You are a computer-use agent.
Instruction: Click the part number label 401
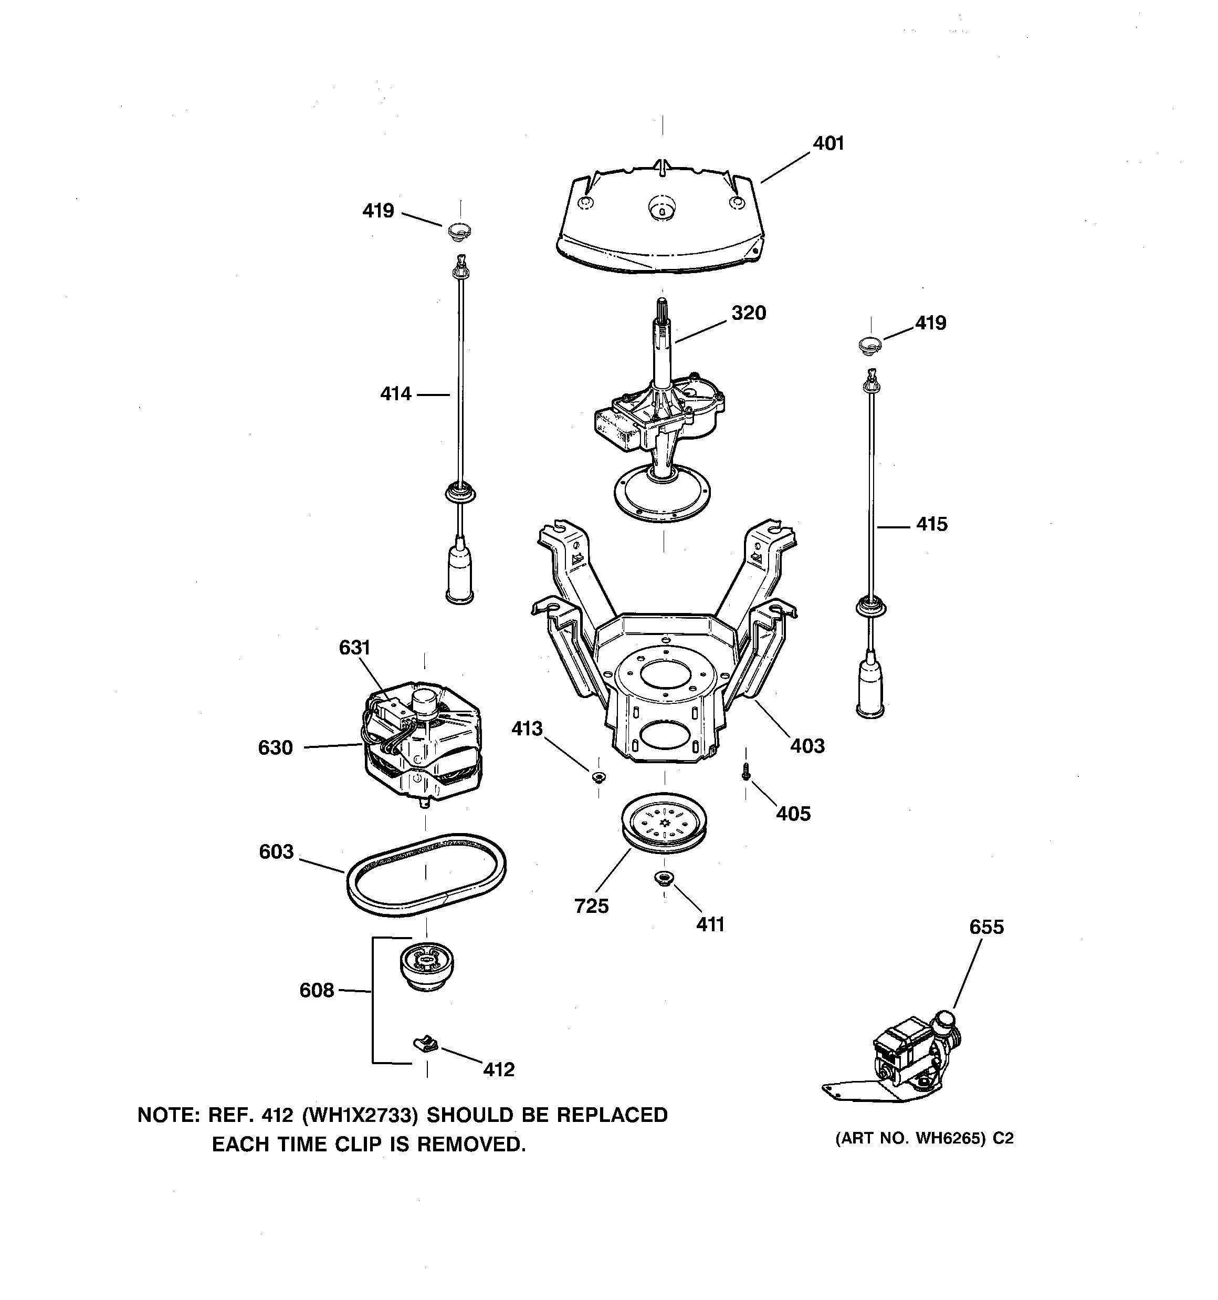pos(828,143)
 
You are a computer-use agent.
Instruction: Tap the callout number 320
pos(748,313)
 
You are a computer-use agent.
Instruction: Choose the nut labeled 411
pos(664,877)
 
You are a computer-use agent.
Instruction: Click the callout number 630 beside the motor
pos(275,747)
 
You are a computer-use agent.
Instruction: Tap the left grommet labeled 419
pos(459,231)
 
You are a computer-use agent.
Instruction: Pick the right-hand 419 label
pos(930,323)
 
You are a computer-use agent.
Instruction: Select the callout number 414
pos(395,393)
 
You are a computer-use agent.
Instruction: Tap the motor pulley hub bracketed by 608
pos(426,966)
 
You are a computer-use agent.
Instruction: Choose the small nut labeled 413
pos(597,777)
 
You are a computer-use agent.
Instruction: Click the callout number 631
pos(354,648)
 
